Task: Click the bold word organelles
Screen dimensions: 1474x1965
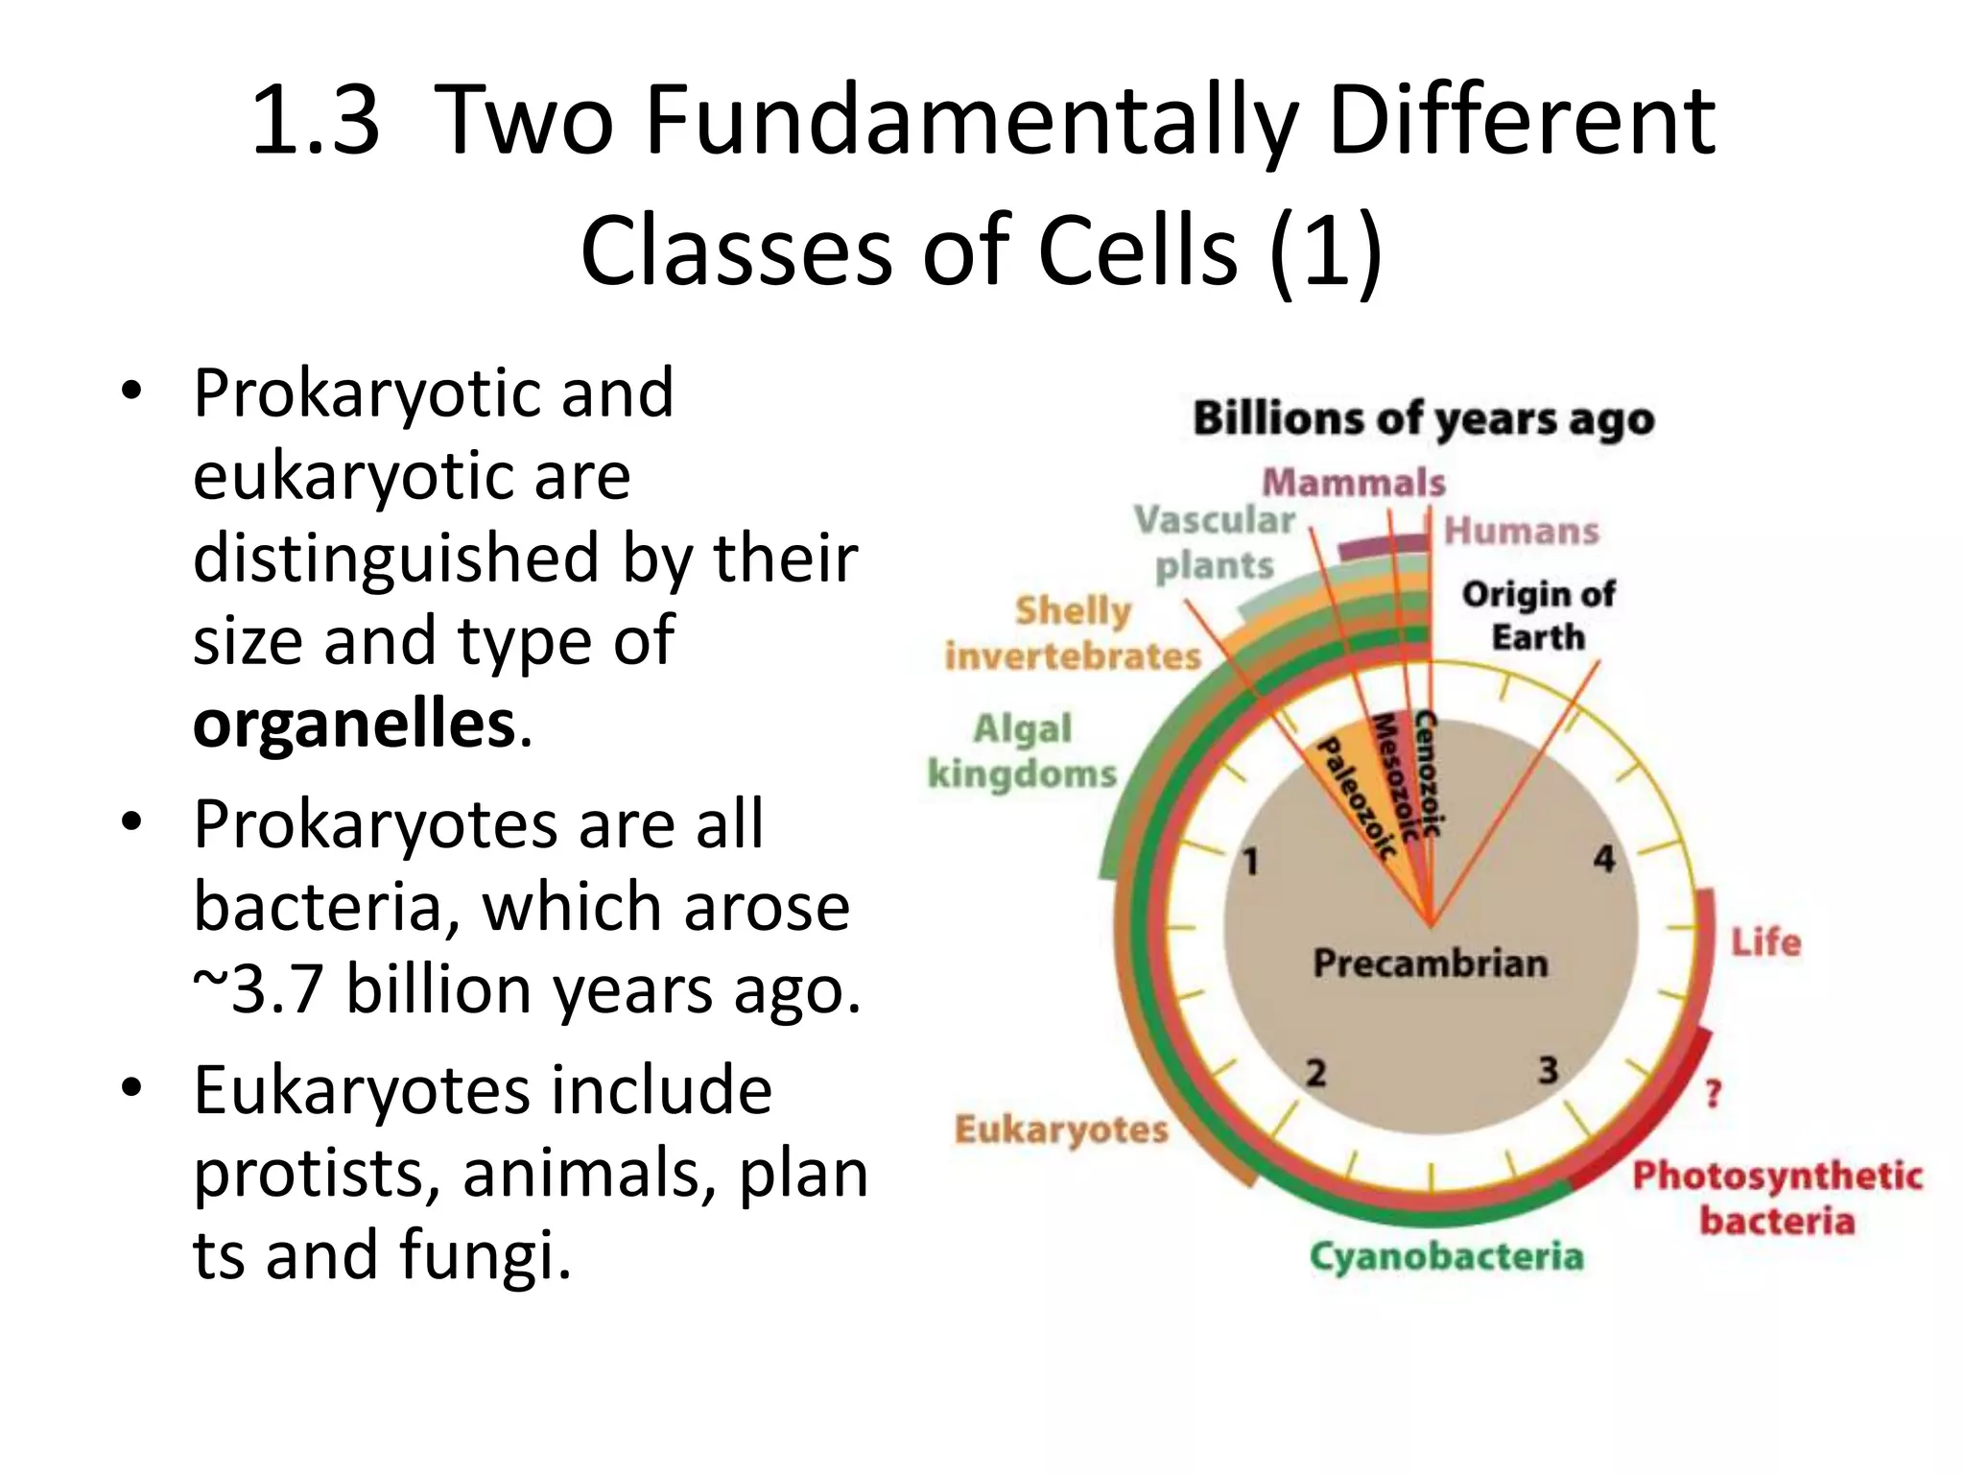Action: pos(354,725)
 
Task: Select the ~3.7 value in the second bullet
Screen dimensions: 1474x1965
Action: pos(257,989)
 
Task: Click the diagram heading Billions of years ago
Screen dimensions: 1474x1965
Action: pos(1424,420)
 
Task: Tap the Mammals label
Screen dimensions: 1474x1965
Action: pos(1353,483)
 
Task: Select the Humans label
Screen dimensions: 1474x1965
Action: pos(1522,531)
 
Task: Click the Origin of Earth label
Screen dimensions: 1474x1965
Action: pos(1538,615)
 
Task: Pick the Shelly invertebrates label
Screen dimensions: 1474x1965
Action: pos(1073,633)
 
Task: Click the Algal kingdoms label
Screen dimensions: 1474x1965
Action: pos(1023,751)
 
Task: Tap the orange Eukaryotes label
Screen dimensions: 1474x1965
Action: pos(1061,1129)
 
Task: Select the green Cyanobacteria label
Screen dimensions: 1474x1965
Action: pos(1446,1256)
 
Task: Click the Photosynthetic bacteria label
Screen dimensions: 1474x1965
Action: pos(1777,1198)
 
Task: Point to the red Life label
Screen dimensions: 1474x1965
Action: pos(1765,942)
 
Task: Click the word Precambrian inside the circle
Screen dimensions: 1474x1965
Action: pos(1430,963)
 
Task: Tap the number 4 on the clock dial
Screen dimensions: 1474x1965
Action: pos(1604,859)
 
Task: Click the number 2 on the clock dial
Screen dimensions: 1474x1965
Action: pos(1315,1072)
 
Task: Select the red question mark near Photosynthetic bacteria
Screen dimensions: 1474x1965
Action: pos(1714,1093)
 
